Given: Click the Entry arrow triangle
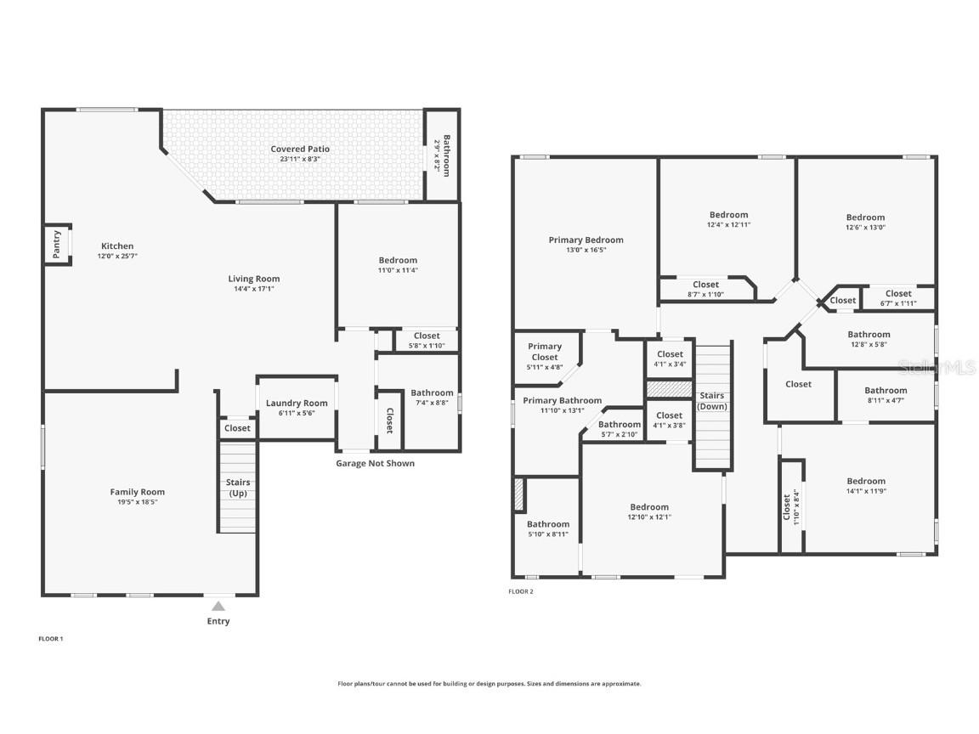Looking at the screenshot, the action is [218, 606].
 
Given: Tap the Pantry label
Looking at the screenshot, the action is [56, 244].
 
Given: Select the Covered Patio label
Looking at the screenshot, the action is [300, 149].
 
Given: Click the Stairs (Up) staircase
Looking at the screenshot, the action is [237, 487].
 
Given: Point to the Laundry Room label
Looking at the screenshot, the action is [297, 403].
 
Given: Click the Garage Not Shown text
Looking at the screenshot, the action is [376, 463].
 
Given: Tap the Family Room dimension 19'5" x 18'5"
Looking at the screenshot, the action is [138, 502].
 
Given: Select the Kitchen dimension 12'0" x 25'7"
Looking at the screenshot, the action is [117, 256].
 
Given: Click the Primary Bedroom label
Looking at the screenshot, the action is [586, 240].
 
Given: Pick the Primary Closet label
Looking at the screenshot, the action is [545, 352].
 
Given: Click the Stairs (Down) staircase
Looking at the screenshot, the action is [712, 406].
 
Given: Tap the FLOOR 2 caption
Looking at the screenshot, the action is [521, 591].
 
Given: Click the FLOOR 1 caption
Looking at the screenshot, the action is [51, 639].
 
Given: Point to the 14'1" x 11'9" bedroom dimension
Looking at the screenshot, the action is [866, 491].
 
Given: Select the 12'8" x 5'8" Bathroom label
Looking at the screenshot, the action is [869, 335].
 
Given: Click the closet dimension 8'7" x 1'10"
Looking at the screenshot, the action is [705, 295].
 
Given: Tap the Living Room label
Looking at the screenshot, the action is [254, 279].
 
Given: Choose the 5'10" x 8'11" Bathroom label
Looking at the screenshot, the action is [548, 524].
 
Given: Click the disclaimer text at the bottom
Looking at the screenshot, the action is [489, 683].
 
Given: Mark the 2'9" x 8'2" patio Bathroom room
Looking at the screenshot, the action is [442, 155].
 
